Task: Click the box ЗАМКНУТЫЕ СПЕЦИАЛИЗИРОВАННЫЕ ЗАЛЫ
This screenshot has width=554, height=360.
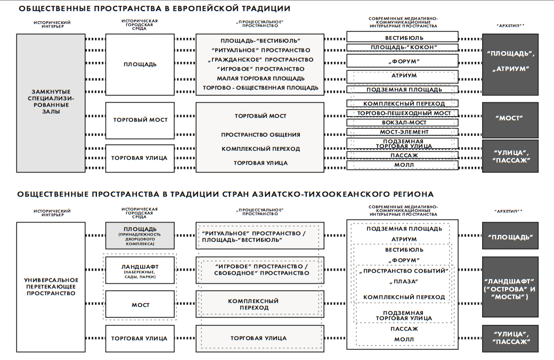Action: (51, 102)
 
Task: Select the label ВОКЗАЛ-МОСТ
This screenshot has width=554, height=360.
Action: (403, 122)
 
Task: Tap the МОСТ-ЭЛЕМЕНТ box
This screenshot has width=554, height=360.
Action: (403, 132)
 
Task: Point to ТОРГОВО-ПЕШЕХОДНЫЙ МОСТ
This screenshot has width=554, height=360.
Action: (403, 113)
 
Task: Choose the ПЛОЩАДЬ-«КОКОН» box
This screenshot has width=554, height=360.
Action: (403, 47)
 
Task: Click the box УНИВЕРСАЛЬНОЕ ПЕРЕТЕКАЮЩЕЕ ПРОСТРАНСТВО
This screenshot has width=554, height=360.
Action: (51, 287)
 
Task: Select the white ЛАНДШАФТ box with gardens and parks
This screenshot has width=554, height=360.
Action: (140, 270)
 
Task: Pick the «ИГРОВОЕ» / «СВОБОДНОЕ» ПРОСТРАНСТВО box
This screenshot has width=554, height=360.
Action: (260, 269)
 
